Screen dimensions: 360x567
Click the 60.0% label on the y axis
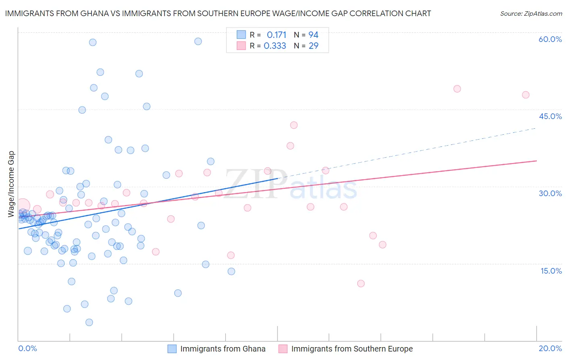[550, 39]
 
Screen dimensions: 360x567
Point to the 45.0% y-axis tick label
[550, 116]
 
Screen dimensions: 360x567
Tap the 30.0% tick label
[550, 193]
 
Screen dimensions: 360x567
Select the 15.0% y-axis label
[551, 271]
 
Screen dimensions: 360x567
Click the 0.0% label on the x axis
[27, 348]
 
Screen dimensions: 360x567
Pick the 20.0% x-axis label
[550, 348]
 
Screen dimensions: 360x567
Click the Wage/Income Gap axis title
[11, 184]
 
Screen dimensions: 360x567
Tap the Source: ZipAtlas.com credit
[531, 13]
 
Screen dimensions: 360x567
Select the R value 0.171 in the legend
[276, 35]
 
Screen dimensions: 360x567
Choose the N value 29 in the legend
[313, 46]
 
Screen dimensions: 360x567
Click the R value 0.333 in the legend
[275, 46]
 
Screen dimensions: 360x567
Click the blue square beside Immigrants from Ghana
[172, 349]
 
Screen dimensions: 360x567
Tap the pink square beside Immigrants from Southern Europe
[283, 349]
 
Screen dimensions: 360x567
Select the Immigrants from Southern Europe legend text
[352, 349]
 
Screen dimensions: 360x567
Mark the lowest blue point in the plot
[89, 322]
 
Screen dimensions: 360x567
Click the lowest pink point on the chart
[361, 283]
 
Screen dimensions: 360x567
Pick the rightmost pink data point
[525, 95]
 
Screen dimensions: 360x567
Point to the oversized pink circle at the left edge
[23, 206]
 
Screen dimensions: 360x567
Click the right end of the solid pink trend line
[536, 161]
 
